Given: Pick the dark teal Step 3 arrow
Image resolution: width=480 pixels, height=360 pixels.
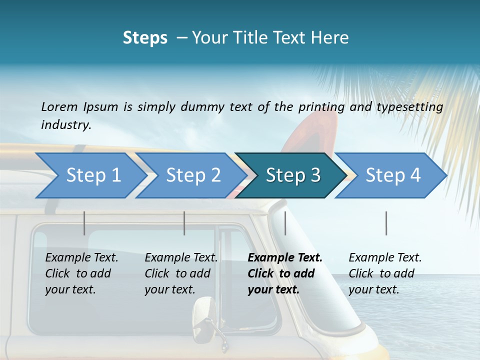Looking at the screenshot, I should click(292, 175).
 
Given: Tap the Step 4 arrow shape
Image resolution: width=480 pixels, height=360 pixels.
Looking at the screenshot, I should click(392, 175).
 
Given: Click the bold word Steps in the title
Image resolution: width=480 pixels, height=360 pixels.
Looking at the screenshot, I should click(145, 38).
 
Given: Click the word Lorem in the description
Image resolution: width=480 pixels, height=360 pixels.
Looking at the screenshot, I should click(59, 106).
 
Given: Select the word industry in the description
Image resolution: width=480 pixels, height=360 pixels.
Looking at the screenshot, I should click(66, 124).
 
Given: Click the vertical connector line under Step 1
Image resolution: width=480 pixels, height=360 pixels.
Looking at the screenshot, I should click(84, 223).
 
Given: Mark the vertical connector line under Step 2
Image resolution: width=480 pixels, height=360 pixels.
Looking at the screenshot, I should click(184, 223).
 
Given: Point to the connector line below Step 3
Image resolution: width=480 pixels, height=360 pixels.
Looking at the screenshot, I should click(285, 223).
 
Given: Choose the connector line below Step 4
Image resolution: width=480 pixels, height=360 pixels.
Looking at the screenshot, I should click(386, 223).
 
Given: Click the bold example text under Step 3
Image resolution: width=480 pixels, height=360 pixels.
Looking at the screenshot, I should click(284, 273).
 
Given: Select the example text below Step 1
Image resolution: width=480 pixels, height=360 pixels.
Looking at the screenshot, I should click(81, 273).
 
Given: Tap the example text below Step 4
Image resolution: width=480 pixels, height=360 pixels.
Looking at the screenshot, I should click(384, 273).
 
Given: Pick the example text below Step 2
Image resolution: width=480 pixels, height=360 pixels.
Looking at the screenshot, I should click(180, 273).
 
